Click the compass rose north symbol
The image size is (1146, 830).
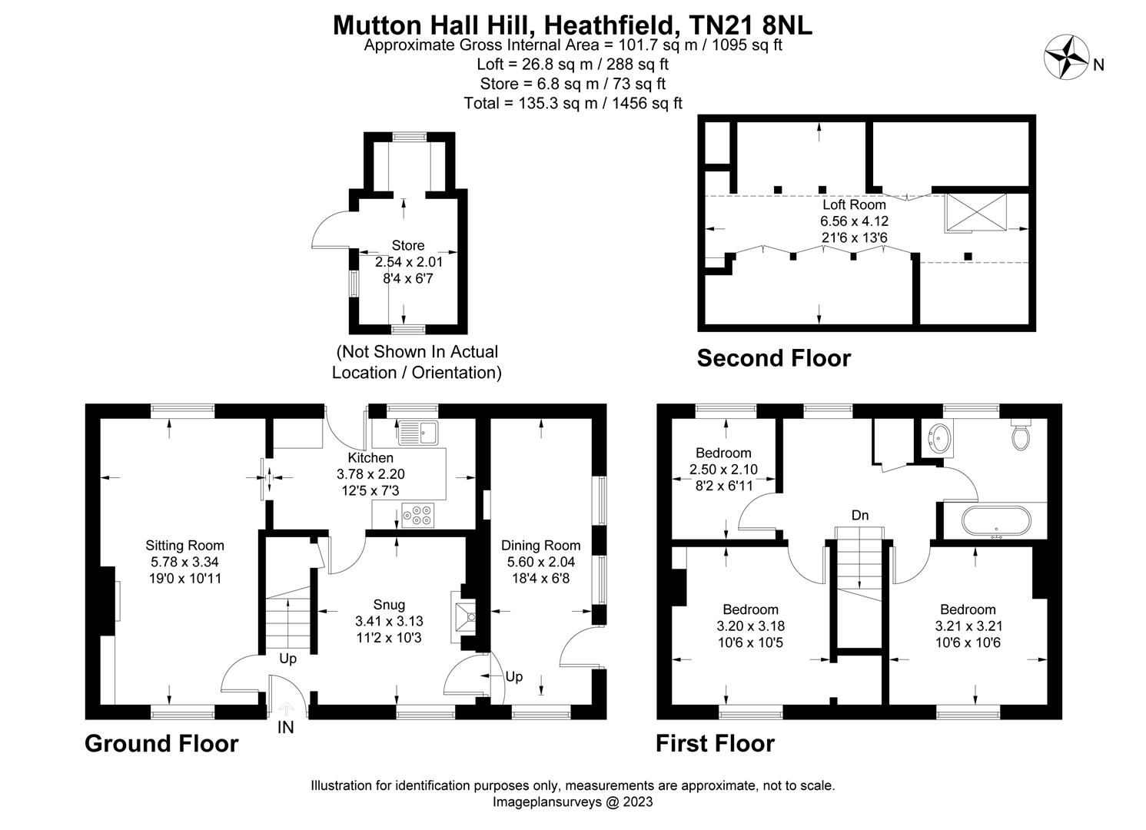tap(1064, 58)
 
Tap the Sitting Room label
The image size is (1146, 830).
tap(184, 546)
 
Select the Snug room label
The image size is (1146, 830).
tap(389, 604)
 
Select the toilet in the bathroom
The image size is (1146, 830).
tap(1021, 436)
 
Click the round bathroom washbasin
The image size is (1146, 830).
tap(938, 439)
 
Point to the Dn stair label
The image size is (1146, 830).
tap(860, 515)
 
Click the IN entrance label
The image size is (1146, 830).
tap(285, 727)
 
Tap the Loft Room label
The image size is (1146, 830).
tap(854, 204)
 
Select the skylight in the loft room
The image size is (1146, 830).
tap(976, 212)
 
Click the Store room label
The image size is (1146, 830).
tap(407, 245)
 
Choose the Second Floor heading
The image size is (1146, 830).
tap(773, 358)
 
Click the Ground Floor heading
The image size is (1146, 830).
tap(161, 743)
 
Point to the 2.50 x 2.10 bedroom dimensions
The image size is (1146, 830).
tap(723, 470)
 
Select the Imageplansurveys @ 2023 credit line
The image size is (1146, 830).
tap(573, 802)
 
